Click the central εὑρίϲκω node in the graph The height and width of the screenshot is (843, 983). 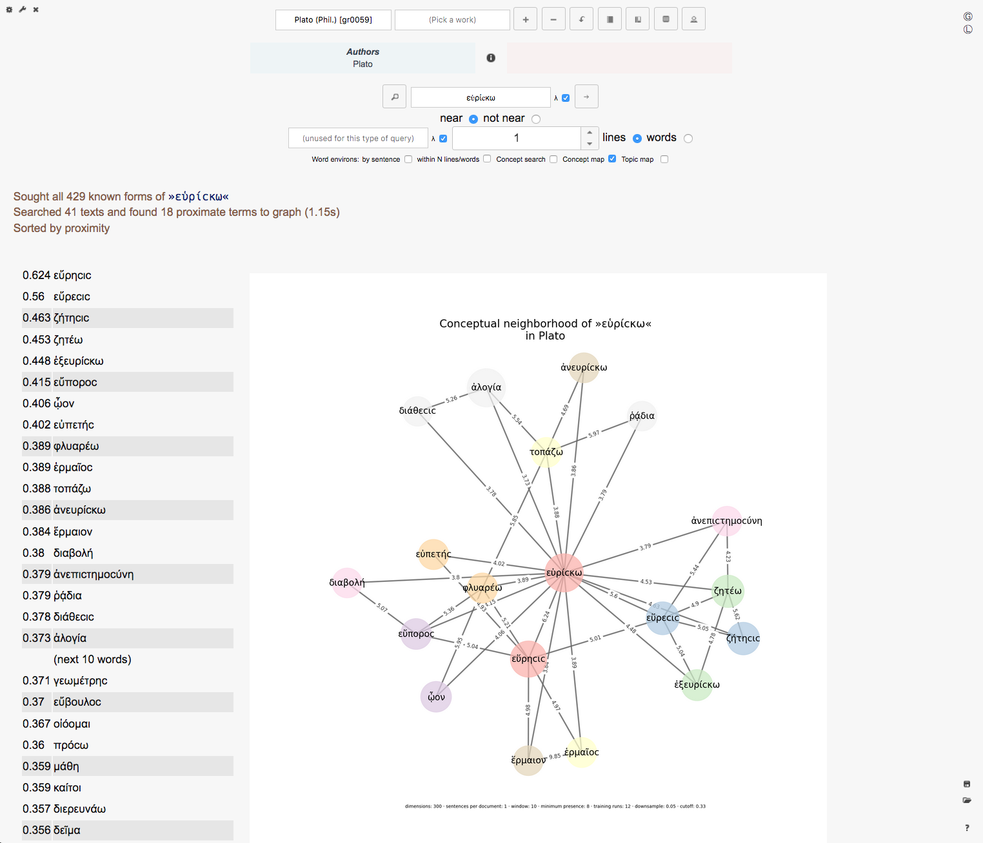point(564,572)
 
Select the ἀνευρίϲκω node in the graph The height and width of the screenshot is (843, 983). point(584,367)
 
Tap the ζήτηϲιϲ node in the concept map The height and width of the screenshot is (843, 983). point(743,638)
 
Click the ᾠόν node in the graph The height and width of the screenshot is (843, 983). point(436,697)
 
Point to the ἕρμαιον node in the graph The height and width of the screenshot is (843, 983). point(528,760)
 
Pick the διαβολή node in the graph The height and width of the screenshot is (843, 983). point(347,583)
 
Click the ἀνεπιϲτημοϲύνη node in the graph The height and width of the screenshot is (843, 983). point(727,521)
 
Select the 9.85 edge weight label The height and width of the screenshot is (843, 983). point(555,756)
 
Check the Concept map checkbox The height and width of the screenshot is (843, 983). point(612,159)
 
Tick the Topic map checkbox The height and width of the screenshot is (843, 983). point(664,159)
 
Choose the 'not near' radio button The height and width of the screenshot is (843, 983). point(536,119)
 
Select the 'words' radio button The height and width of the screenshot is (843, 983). point(688,139)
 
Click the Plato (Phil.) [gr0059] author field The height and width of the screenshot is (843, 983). point(333,20)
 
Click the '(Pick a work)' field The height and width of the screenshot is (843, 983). point(452,20)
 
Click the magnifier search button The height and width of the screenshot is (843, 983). point(395,97)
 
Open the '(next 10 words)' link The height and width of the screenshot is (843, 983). point(92,659)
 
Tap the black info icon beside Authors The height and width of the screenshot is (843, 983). point(491,58)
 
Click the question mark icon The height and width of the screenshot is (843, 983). point(967,828)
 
